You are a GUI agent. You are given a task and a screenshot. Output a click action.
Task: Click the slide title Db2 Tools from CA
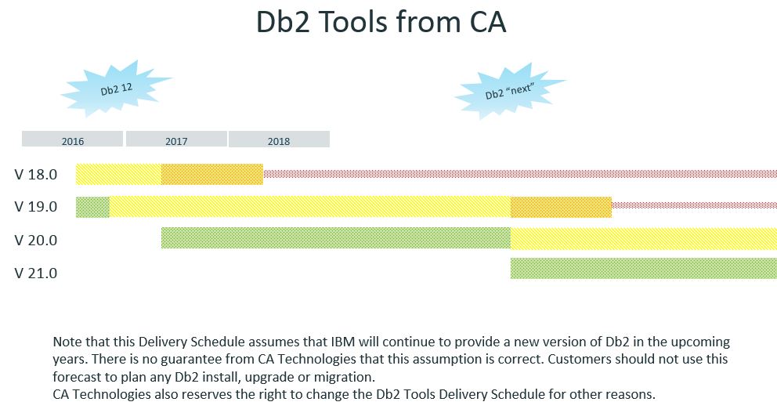click(381, 22)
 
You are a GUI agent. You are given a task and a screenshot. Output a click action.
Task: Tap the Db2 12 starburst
click(117, 89)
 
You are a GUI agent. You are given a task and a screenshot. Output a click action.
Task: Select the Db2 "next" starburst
click(509, 91)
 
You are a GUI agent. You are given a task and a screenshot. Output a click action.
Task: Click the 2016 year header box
click(72, 139)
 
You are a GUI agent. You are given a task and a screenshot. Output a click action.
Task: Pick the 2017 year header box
click(176, 139)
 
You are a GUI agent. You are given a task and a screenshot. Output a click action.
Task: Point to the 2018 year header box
click(279, 139)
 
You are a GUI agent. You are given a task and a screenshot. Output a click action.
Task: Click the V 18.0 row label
click(36, 175)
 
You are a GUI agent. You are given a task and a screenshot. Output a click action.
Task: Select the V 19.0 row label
click(36, 207)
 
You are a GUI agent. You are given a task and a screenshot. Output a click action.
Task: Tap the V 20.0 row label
click(36, 240)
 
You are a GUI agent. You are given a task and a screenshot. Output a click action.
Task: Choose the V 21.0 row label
click(36, 273)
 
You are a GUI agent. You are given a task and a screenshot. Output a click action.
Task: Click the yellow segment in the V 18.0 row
click(118, 174)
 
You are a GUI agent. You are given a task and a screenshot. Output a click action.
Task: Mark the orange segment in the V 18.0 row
click(212, 174)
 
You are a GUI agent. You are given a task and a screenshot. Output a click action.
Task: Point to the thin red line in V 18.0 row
click(520, 174)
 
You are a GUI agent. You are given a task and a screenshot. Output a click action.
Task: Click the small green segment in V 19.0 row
click(92, 207)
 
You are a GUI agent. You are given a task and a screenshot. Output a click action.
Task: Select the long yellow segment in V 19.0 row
click(310, 207)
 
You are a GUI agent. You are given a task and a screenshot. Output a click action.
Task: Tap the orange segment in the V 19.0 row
click(562, 207)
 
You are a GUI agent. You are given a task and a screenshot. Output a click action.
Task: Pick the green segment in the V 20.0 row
click(336, 238)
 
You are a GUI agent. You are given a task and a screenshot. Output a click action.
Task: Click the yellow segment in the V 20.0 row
click(644, 238)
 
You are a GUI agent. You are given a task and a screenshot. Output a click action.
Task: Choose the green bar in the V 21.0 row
click(644, 268)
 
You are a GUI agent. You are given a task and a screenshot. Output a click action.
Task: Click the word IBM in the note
click(342, 342)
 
